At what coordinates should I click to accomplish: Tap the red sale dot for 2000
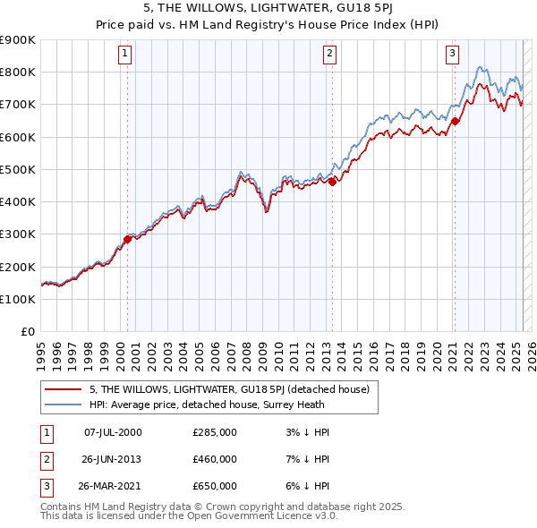tap(127, 239)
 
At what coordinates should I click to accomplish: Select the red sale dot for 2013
tap(332, 182)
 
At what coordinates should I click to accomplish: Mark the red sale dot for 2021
tap(455, 121)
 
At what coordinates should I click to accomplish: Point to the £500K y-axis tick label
tap(17, 169)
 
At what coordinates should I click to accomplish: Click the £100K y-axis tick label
tap(17, 299)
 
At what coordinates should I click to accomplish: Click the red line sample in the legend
tap(63, 389)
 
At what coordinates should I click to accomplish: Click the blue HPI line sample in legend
tap(63, 404)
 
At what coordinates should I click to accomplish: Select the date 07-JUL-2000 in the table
tap(113, 432)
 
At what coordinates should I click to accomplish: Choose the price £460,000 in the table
tap(215, 459)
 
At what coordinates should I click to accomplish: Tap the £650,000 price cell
tap(215, 486)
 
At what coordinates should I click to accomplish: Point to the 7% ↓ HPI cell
tap(305, 459)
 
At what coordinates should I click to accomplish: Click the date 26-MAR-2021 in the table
tap(113, 486)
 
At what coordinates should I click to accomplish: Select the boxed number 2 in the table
tap(45, 459)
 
